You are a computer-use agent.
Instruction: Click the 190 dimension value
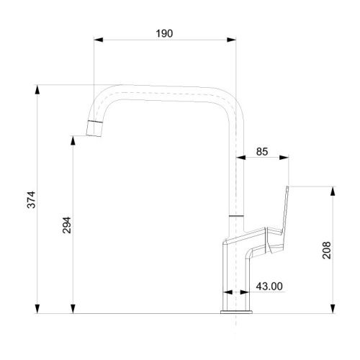[x=164, y=33]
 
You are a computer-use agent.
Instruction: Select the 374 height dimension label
[x=30, y=199]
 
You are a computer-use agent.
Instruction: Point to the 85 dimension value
[x=262, y=151]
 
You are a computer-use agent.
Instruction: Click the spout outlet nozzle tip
[x=93, y=129]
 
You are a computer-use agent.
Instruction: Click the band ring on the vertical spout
[x=237, y=215]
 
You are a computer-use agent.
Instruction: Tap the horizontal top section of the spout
[x=166, y=91]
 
